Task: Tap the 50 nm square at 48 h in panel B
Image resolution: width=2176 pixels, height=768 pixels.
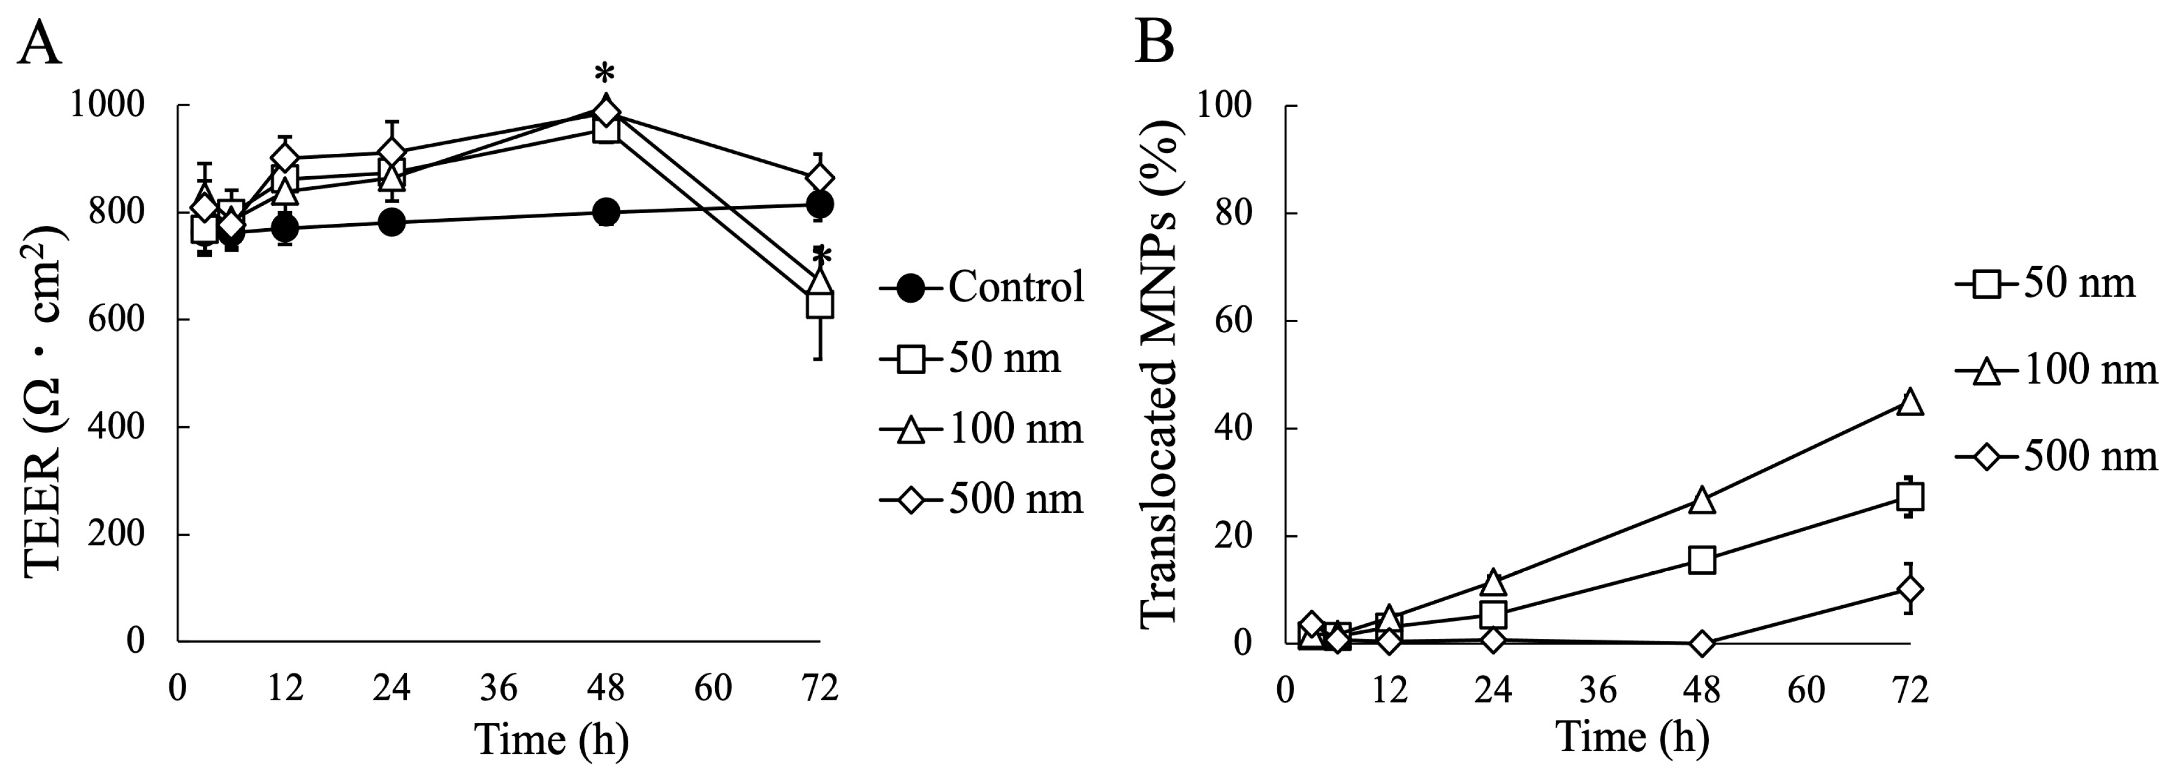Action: pos(1702,559)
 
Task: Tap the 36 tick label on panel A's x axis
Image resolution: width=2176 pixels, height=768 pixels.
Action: pos(499,689)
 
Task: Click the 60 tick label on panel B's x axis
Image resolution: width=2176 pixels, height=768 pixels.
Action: pos(1806,690)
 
